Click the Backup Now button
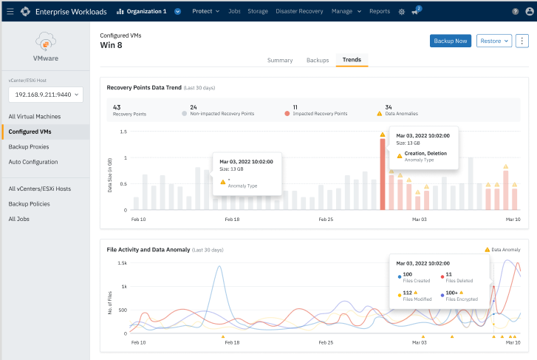click(x=450, y=41)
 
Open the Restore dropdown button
click(x=494, y=41)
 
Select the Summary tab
click(x=280, y=60)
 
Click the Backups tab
click(x=318, y=60)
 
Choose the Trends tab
click(x=352, y=60)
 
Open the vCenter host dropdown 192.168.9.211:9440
click(x=46, y=95)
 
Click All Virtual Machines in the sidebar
click(x=34, y=116)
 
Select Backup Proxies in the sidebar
click(x=28, y=146)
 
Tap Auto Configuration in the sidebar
click(x=33, y=162)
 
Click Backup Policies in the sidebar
click(x=29, y=203)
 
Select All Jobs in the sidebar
click(x=20, y=219)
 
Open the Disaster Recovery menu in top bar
click(x=300, y=12)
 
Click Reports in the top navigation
click(x=379, y=12)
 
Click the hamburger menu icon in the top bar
click(x=10, y=12)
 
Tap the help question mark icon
click(x=516, y=12)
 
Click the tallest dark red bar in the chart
click(x=383, y=174)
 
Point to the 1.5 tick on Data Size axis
click(x=123, y=132)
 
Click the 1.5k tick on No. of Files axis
click(x=122, y=262)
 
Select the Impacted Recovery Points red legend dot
click(x=287, y=115)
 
